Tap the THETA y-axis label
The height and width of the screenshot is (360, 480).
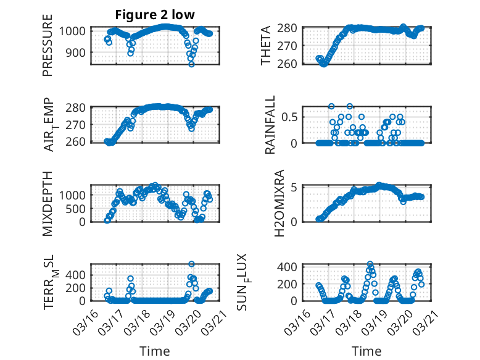266,46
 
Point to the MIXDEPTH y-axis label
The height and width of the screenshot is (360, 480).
48,203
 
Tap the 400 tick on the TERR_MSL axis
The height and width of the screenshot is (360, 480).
77,273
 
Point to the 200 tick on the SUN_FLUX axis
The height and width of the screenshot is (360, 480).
290,283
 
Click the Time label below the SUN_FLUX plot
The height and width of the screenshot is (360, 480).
366,351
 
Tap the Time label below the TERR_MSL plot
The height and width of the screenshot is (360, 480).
154,351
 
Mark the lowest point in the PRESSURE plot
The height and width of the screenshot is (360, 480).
191,64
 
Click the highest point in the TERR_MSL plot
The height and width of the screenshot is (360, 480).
191,264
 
